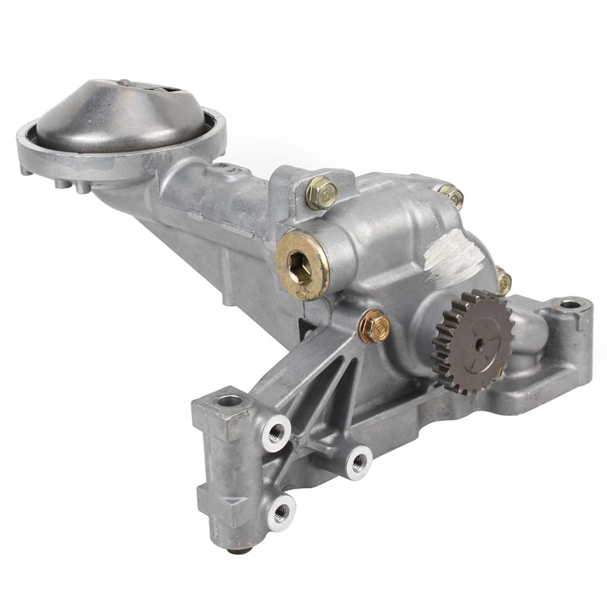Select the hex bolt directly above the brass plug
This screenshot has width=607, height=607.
click(x=321, y=193)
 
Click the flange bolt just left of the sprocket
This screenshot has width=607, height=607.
click(x=373, y=325)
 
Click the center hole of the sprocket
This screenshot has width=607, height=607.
click(x=480, y=343)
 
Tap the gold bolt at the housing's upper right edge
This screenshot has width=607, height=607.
click(x=452, y=197)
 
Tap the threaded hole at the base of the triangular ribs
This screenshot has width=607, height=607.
click(x=358, y=460)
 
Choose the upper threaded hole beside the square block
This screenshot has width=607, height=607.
click(x=275, y=433)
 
